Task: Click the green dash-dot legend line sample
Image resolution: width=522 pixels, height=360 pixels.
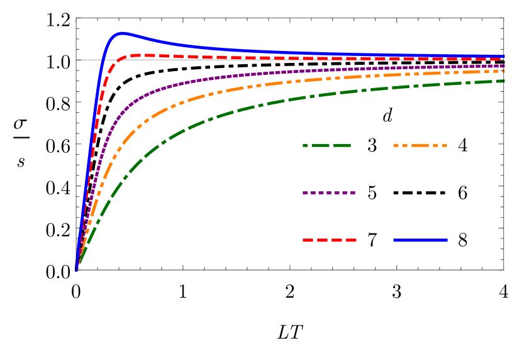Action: coord(326,145)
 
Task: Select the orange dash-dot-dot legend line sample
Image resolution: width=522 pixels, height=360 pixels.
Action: coord(420,145)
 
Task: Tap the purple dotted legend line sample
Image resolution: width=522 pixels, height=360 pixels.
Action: coord(329,193)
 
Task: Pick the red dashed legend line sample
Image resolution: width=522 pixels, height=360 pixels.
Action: coord(330,240)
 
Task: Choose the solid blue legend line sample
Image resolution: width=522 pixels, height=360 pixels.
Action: coord(420,240)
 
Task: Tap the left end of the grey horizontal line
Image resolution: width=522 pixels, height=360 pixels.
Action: coord(77,60)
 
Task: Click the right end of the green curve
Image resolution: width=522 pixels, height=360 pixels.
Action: coord(504,81)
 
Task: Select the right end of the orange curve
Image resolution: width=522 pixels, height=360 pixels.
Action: coord(504,71)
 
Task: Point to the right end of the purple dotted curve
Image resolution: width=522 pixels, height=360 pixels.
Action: coord(504,65)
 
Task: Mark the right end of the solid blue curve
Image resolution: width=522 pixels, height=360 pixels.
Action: coord(504,57)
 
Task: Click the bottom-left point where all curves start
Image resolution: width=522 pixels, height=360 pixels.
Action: coord(76,269)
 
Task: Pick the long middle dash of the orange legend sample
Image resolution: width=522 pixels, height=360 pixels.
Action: coord(420,145)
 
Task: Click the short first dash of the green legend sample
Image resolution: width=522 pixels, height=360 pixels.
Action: coord(306,145)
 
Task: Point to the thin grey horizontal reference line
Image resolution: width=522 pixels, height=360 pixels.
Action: coord(88,60)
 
